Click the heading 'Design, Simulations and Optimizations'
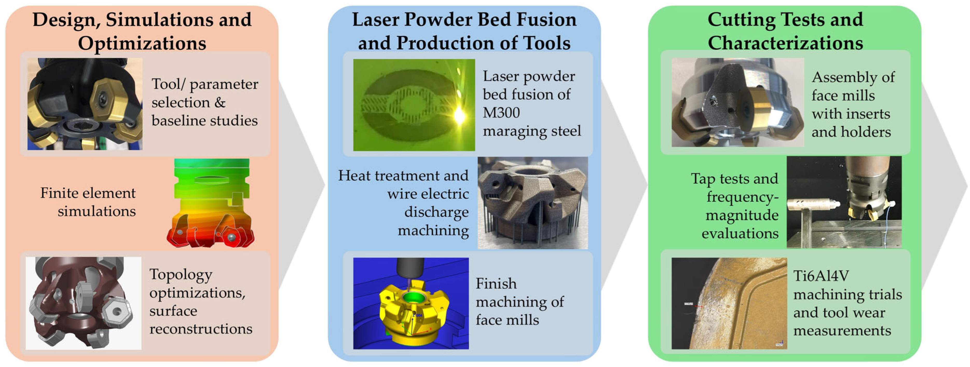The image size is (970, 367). coord(142,31)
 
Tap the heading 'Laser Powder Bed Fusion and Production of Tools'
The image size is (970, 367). coord(464,31)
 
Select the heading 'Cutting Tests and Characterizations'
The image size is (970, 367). coord(785,31)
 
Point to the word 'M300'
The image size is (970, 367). coord(501,113)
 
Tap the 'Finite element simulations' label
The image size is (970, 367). coord(88,202)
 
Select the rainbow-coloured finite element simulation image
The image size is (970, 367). coord(210,203)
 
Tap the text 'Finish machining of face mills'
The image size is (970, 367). coord(520,302)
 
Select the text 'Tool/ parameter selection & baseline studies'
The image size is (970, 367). coord(205,102)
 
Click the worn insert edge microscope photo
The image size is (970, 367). coord(729,303)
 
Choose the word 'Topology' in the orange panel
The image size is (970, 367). coord(181,275)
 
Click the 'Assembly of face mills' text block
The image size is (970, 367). coord(853,104)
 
